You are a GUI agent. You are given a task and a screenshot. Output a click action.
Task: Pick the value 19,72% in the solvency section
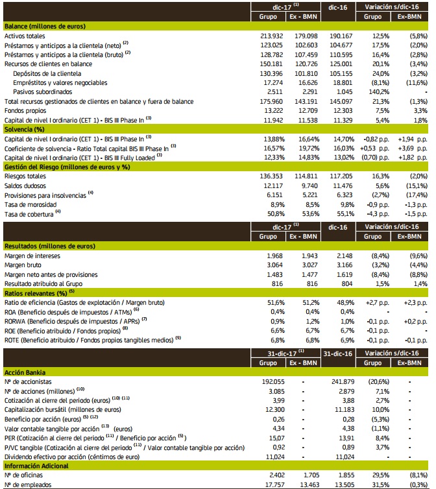click(x=309, y=149)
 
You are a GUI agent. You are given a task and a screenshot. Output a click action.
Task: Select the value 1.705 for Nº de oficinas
click(x=308, y=475)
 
